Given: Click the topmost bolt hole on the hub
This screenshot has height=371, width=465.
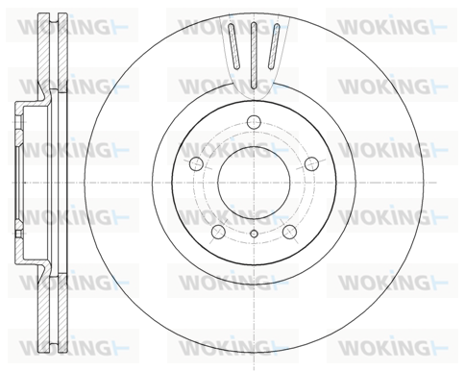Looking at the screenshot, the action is point(254,122).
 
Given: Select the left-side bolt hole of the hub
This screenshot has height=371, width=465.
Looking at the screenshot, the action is point(196,164).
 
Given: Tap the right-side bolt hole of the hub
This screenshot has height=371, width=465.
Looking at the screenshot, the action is point(311,164).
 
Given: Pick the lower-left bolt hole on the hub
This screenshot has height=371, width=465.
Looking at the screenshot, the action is point(218,232).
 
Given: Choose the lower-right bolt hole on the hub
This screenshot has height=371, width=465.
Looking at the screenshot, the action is point(289,232).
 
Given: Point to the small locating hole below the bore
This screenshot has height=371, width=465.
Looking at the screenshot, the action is point(254,234).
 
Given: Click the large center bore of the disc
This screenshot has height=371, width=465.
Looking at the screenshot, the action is point(254,183).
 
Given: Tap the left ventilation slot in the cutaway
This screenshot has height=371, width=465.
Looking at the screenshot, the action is point(233,47).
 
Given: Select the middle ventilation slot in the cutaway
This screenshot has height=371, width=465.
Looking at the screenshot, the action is point(254,55).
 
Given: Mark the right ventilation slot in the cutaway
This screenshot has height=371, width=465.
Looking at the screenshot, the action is point(274,47).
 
